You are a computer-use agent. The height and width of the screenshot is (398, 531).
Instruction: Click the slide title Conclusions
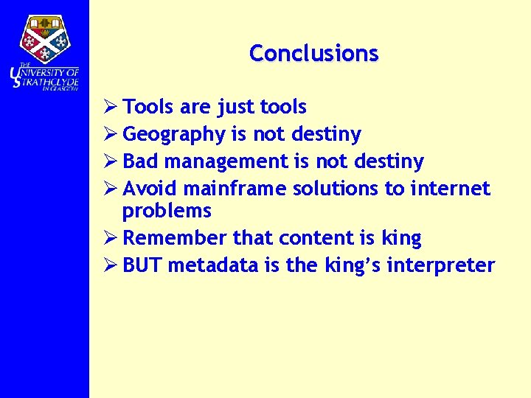(x=313, y=53)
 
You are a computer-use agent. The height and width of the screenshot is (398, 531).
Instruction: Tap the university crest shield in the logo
(x=45, y=38)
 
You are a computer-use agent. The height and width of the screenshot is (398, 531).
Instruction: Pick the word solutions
(x=336, y=189)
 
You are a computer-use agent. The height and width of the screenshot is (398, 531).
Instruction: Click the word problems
(x=167, y=211)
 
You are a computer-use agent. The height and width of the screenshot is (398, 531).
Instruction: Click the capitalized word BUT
(x=142, y=265)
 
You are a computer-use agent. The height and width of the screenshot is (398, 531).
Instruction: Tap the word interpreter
(x=446, y=265)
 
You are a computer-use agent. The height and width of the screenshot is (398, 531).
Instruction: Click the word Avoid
(x=150, y=189)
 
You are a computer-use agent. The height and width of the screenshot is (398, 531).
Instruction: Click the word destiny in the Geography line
(x=326, y=135)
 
